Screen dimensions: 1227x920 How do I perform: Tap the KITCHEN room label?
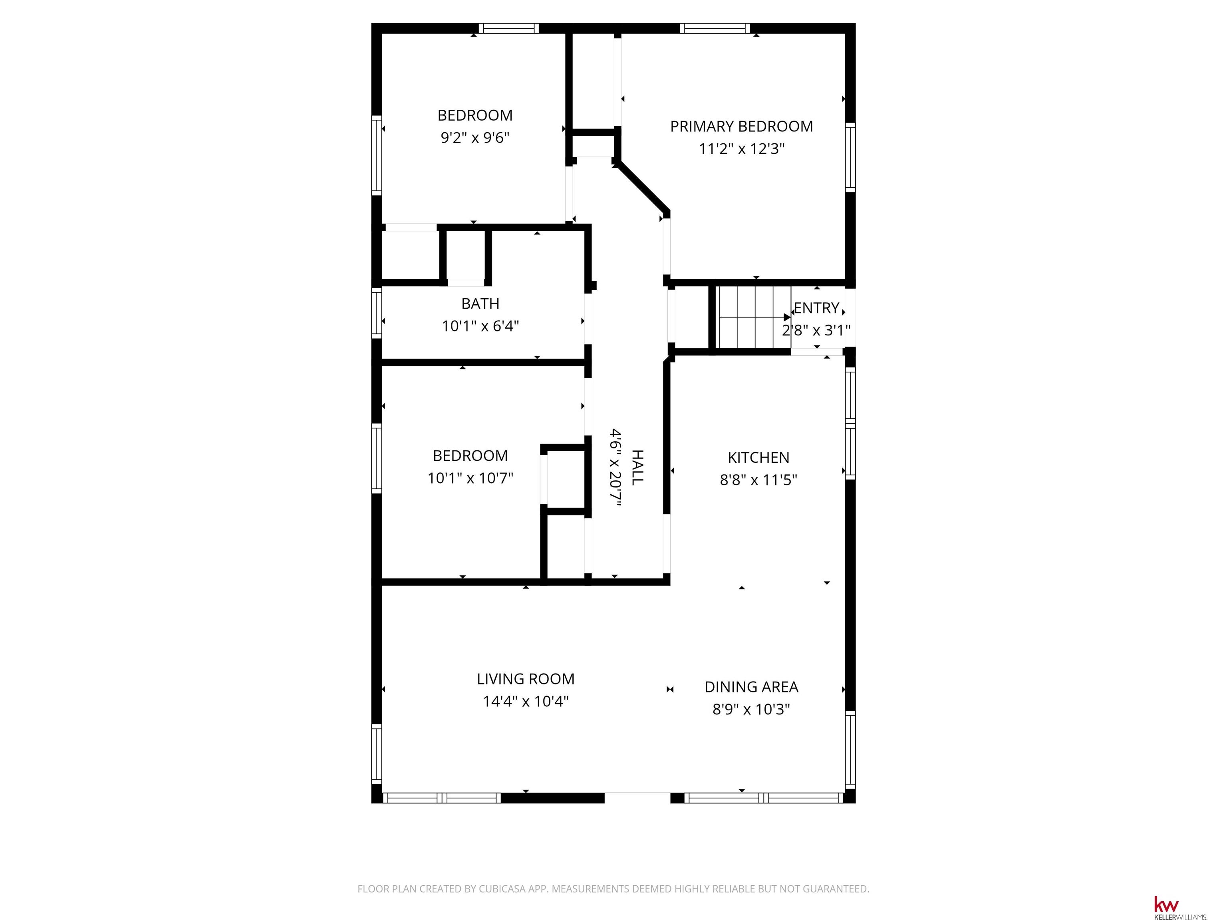point(758,458)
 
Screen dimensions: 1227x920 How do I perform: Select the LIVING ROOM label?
point(525,679)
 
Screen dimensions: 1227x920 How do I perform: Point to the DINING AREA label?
point(751,687)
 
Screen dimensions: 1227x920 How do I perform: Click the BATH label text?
point(480,304)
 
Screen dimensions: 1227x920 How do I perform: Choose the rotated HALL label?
point(638,468)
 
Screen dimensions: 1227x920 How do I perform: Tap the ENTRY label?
point(816,308)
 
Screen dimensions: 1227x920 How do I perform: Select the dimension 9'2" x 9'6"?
point(475,137)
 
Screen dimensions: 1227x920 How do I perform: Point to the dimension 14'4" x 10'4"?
point(525,702)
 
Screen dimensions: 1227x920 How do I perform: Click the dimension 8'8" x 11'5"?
point(758,480)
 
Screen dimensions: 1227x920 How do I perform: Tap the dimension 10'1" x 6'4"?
point(480,326)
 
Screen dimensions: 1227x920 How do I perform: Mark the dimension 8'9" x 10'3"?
point(751,709)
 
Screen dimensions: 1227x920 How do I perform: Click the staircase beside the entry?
point(753,317)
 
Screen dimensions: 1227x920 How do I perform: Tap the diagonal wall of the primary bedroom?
point(641,187)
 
